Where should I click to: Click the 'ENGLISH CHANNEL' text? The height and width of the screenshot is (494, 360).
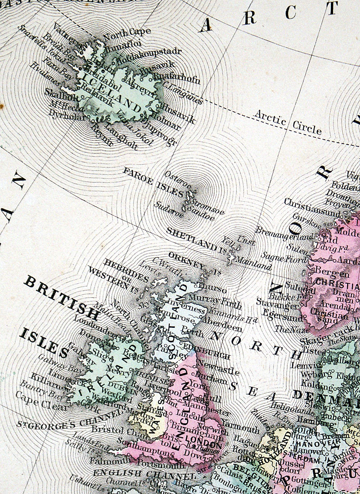[x=144, y=474]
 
